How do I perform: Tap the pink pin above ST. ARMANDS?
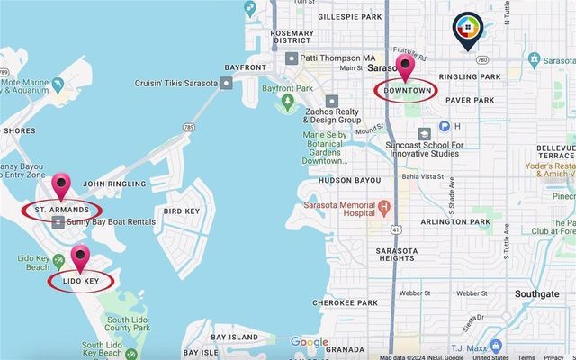[x=62, y=186]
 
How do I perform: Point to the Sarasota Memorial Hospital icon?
[x=385, y=208]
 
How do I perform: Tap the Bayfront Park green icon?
[x=288, y=101]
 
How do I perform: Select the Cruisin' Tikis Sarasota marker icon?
[x=226, y=83]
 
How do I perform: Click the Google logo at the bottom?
[x=309, y=342]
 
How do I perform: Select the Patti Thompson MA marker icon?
[x=291, y=58]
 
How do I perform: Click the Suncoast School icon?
[x=423, y=132]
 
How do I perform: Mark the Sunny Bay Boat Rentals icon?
[x=59, y=221]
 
